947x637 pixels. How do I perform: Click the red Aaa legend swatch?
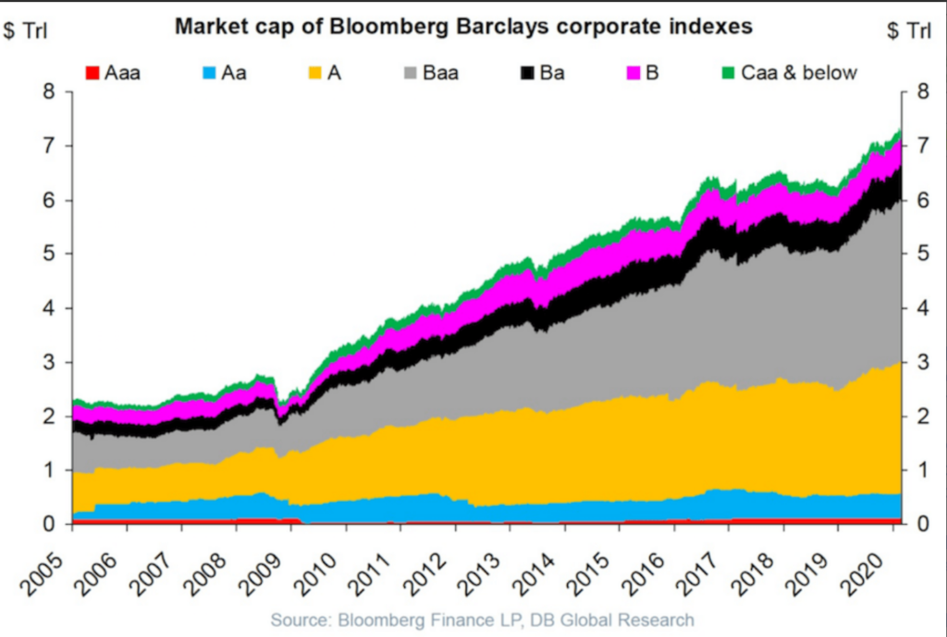(92, 72)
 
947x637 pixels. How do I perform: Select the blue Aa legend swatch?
(206, 72)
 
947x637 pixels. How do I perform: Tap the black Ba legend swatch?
(528, 72)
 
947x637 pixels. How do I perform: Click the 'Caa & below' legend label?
(799, 72)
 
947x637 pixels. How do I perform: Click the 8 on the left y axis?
(50, 92)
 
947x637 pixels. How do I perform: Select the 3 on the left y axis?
(50, 362)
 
